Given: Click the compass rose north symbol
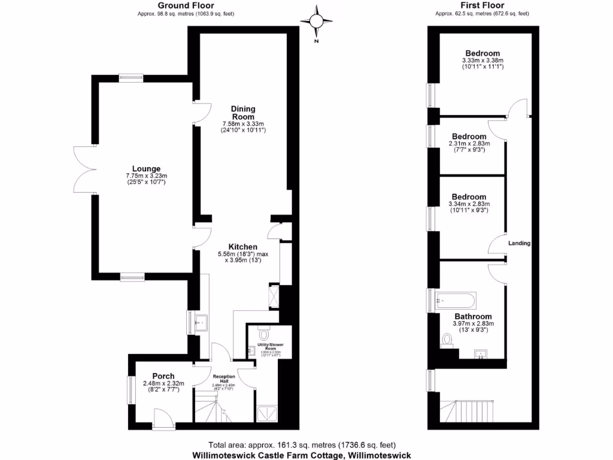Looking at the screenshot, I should coord(317,22).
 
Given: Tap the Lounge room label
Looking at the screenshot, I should coord(147,168).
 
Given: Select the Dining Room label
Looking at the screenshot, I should coord(243,113).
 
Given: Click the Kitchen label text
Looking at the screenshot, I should coord(242,247).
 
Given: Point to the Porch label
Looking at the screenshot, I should coord(163,376).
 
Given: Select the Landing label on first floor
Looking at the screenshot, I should coord(519,243).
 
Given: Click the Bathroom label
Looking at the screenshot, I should coord(473,316).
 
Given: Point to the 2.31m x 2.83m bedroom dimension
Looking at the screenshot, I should coord(469,143).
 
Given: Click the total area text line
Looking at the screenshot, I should coord(302,445).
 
